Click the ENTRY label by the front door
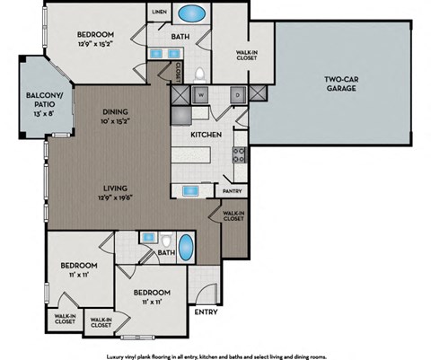click(206, 312)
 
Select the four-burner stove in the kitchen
click(240, 152)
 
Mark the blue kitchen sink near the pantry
click(193, 190)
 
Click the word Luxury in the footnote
click(117, 356)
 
